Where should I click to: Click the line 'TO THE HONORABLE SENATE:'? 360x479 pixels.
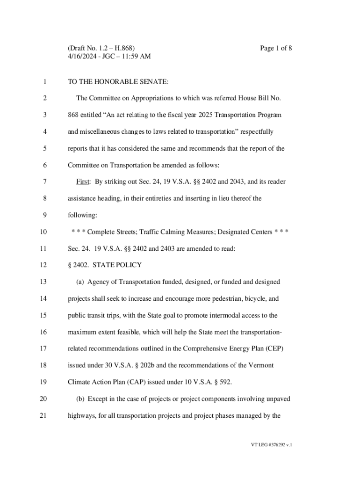[x=118, y=82]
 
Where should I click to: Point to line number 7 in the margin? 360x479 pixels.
[x=44, y=181]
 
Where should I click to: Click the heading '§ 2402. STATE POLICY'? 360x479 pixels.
[x=105, y=265]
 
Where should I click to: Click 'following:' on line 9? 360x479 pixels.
[x=82, y=215]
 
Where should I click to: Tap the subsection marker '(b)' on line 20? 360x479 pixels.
[x=80, y=399]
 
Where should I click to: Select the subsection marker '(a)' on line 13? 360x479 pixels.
[x=80, y=282]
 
